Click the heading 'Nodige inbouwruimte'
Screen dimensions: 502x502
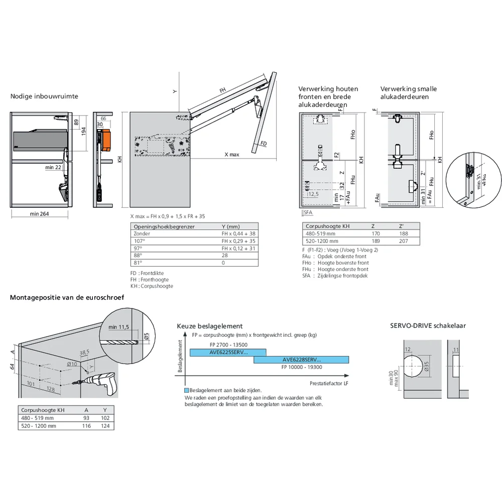coord(44,96)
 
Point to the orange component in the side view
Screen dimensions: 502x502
coord(106,140)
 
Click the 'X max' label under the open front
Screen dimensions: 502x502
coord(231,155)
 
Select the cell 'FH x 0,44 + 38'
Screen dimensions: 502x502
coord(238,233)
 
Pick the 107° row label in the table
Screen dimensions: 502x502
coord(138,241)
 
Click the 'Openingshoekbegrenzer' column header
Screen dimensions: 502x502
coord(164,226)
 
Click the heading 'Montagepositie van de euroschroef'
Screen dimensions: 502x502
coord(67,297)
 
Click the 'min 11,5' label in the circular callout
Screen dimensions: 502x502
coord(119,327)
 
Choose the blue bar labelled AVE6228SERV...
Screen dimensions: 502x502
coord(301,359)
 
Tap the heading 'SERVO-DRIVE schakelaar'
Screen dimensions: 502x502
coord(428,325)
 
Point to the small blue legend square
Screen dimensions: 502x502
coord(187,390)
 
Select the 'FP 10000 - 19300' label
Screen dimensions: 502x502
coord(301,366)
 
